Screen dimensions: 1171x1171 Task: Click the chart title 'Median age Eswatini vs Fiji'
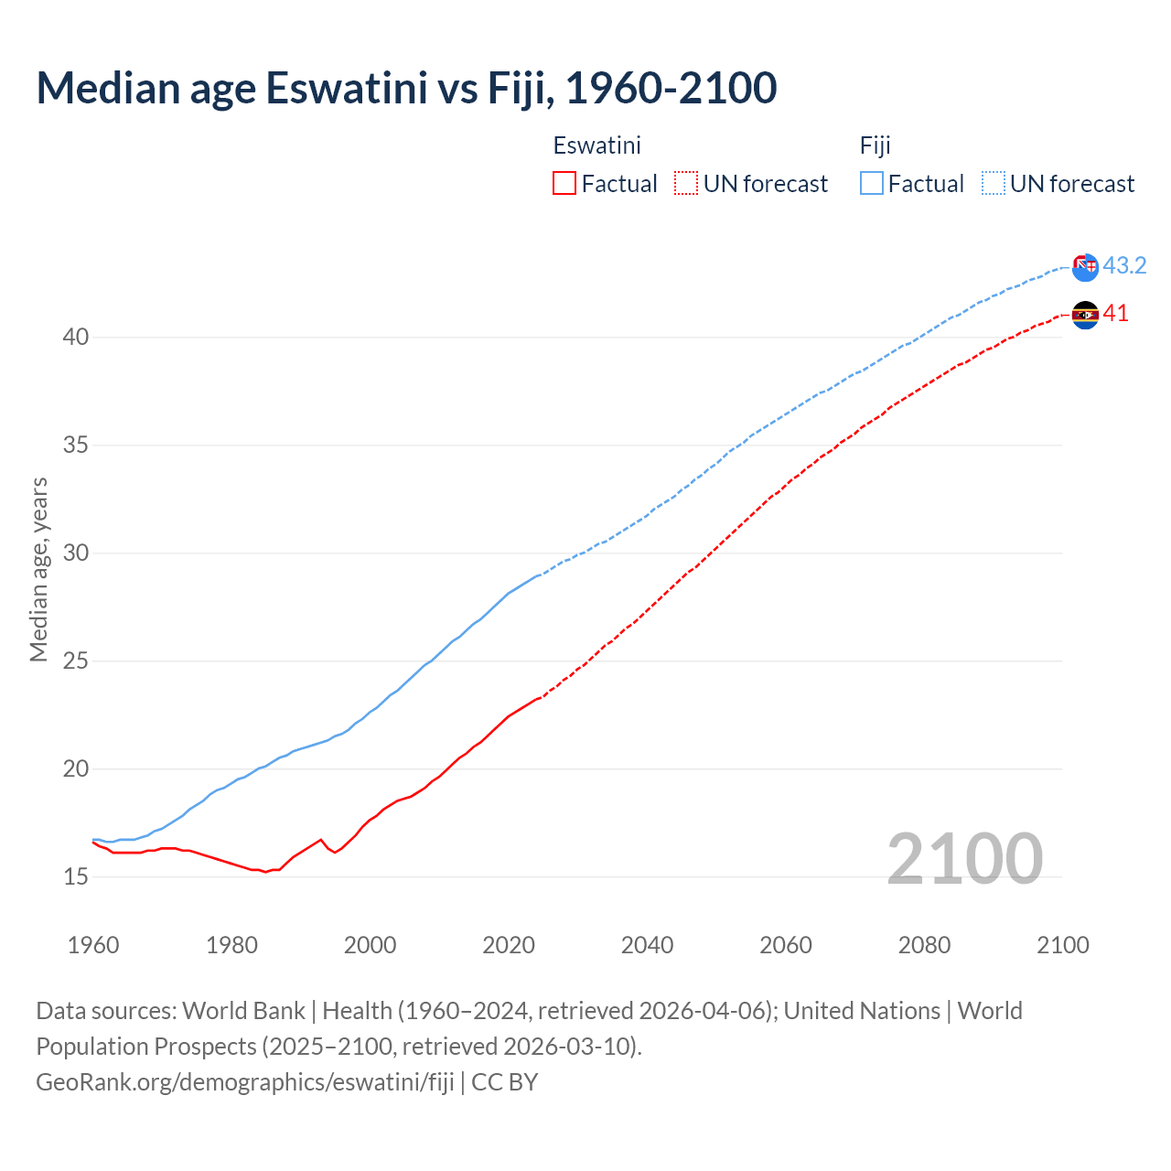406,89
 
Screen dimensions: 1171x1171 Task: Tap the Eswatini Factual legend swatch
564,184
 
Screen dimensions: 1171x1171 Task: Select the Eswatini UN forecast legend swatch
686,184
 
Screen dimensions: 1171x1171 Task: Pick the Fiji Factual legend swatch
872,184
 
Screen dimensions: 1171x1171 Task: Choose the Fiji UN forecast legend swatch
994,184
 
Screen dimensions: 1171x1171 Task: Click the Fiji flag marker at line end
1085,267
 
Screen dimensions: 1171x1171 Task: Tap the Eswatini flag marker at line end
1085,315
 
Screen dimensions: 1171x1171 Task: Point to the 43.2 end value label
1124,266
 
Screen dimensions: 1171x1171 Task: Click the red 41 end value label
1116,314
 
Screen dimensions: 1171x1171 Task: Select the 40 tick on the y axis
76,338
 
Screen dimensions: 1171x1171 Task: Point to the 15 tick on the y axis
76,877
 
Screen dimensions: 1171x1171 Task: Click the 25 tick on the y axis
76,661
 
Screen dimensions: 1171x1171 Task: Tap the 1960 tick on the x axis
93,945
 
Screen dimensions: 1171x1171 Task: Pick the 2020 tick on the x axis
509,945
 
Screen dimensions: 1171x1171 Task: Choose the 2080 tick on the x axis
924,945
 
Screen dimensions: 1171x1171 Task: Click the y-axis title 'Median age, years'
38,569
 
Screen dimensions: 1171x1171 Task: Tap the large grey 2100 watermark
964,859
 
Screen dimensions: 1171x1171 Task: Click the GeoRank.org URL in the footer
245,1082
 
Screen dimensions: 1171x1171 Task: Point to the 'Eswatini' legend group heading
596,145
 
